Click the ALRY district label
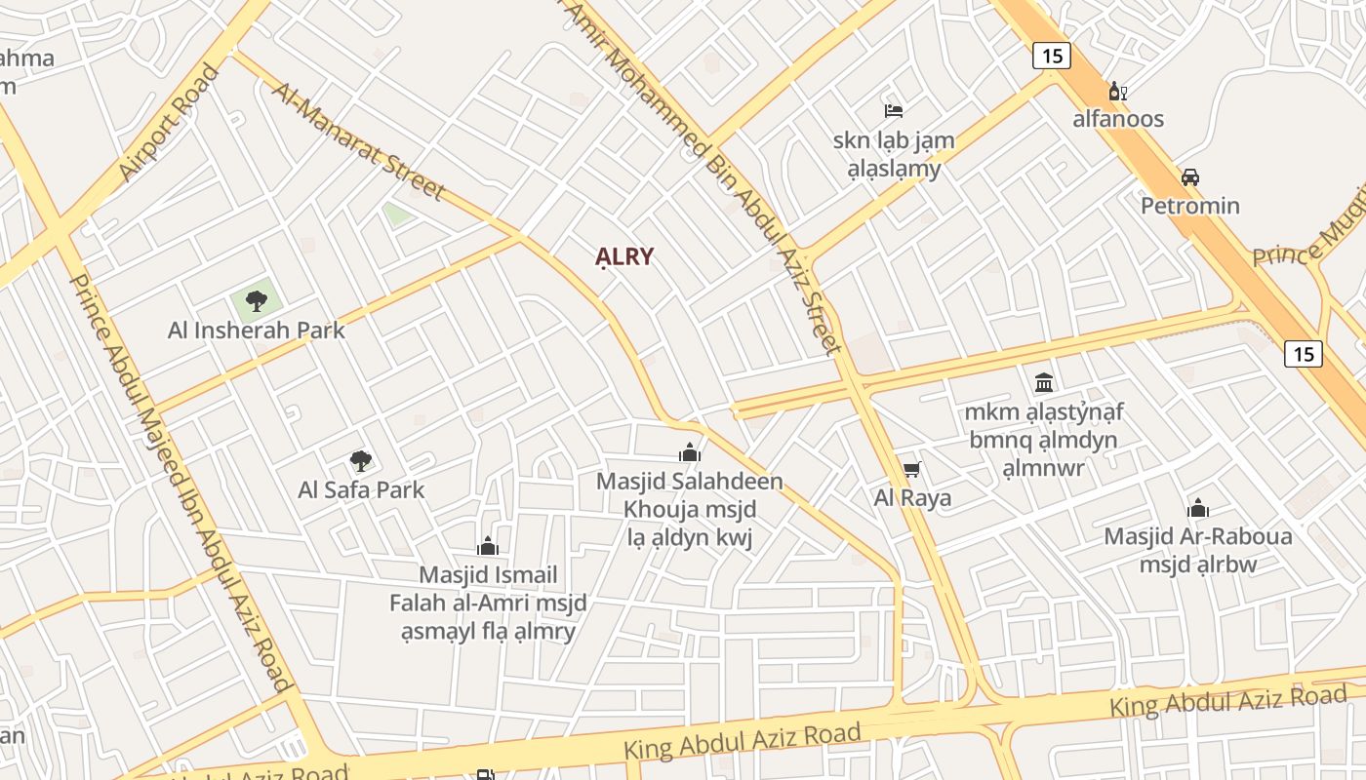tap(624, 257)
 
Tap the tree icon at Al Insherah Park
tap(257, 300)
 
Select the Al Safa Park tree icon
tap(361, 460)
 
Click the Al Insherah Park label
tap(257, 331)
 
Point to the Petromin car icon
tap(1190, 177)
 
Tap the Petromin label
tap(1190, 206)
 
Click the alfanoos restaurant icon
tap(1118, 92)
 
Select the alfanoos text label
tap(1118, 119)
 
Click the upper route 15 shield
tap(1051, 56)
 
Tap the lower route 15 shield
tap(1304, 353)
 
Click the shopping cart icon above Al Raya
tap(912, 470)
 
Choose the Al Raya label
tap(912, 498)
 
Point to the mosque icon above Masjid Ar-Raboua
tap(1198, 508)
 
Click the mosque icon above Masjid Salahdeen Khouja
tap(690, 452)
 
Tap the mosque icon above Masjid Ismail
tap(488, 546)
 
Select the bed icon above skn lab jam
tap(894, 110)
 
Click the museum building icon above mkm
tap(1044, 381)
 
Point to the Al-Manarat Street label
tap(358, 141)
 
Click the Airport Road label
tap(169, 123)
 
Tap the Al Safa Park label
tap(361, 489)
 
